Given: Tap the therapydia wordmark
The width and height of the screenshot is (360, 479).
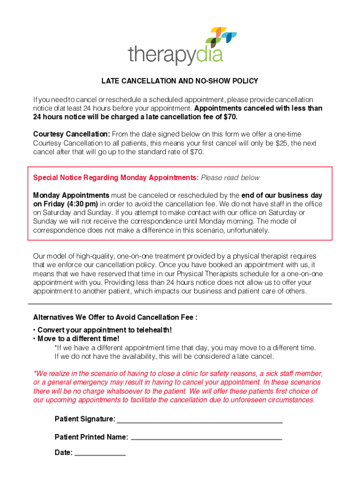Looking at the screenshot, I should click(175, 56).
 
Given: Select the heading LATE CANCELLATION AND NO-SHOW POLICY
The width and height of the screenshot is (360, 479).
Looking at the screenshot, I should click(180, 81).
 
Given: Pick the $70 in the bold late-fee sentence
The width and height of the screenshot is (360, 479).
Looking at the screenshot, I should click(229, 116).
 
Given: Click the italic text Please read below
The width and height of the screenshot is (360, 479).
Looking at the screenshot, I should click(230, 178).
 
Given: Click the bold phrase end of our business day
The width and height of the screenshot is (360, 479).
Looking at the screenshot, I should click(281, 195).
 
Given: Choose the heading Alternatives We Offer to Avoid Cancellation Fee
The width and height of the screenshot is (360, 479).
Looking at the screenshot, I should click(115, 318).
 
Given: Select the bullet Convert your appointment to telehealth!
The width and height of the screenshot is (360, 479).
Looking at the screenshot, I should click(104, 330).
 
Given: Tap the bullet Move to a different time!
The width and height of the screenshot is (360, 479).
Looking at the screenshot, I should click(78, 339).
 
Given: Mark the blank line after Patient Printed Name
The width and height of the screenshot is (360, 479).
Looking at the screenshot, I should click(206, 438).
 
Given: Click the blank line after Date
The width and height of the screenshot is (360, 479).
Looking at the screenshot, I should click(100, 453).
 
